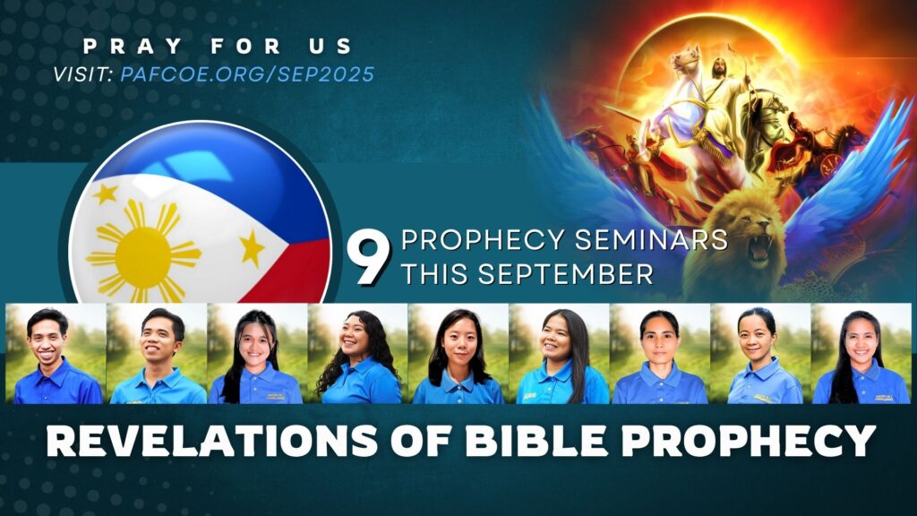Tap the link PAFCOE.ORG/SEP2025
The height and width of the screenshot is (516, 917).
coord(246,73)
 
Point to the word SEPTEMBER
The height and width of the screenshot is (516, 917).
coord(562,274)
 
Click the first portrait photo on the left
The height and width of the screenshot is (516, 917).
coord(56,354)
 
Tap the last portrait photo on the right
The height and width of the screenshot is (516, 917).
coord(861,354)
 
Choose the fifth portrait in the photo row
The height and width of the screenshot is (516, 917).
coord(458,354)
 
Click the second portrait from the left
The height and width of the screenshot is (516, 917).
coord(157,354)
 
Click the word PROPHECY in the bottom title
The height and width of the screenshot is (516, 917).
coord(725,441)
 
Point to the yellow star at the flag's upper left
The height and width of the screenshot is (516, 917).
coord(107,192)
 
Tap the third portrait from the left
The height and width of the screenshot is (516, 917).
coord(257,354)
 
